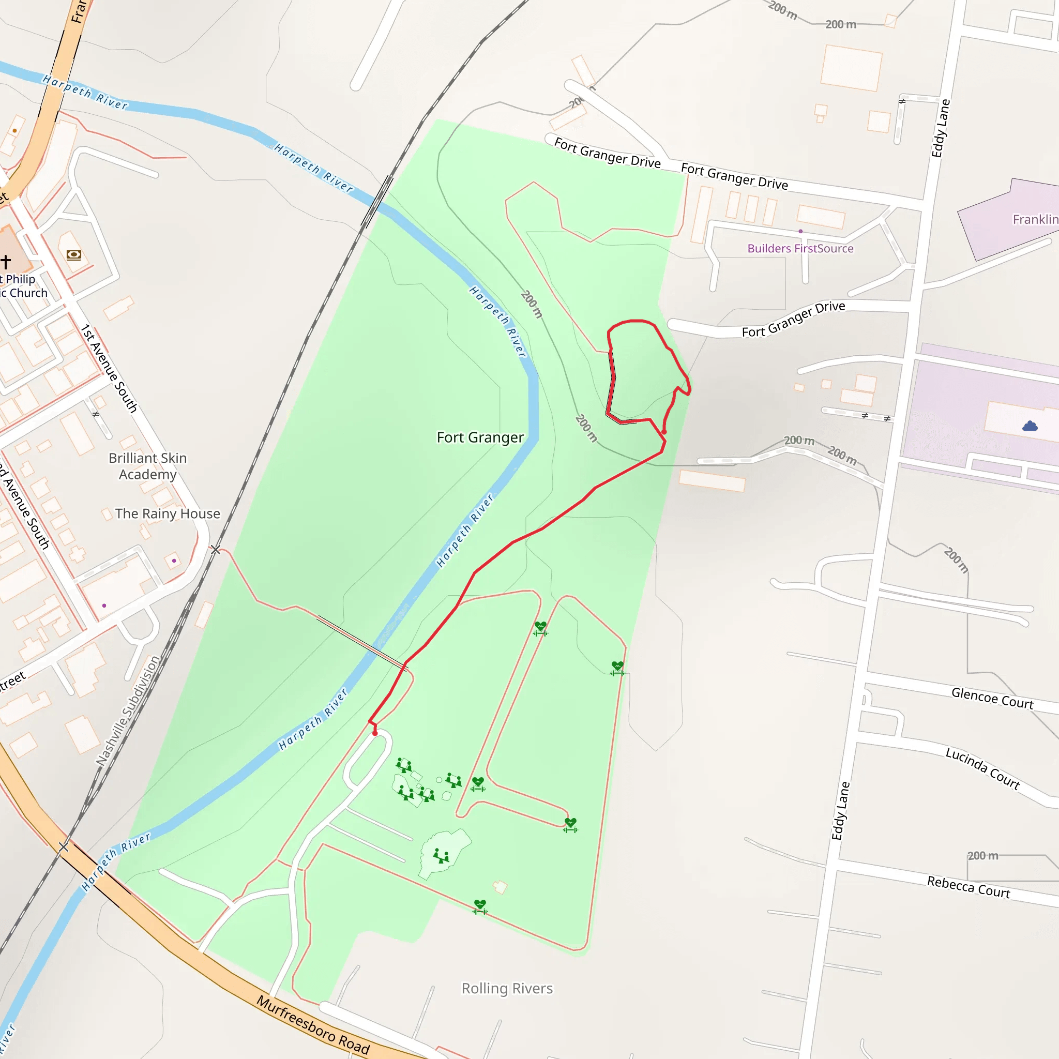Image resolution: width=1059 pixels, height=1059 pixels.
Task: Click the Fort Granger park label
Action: [480, 437]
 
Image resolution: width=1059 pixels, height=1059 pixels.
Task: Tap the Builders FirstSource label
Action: [800, 248]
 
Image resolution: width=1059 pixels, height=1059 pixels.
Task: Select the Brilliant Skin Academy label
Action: [147, 466]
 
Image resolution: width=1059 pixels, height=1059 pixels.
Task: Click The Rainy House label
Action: [167, 513]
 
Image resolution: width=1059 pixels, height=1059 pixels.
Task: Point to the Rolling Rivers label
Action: [507, 988]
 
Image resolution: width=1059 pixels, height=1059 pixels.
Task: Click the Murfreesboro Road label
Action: [313, 1025]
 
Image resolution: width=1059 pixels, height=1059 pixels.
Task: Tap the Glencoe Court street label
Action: [992, 698]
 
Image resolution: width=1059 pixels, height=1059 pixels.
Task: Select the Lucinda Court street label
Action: [982, 768]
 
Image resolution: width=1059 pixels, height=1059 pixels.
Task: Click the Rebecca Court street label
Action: [969, 887]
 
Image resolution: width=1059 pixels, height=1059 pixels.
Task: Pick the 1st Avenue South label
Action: [109, 368]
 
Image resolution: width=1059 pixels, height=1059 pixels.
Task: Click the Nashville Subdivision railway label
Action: [128, 710]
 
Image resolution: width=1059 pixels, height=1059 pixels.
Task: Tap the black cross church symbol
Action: [6, 262]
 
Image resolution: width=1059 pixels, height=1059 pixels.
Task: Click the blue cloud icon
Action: [1030, 426]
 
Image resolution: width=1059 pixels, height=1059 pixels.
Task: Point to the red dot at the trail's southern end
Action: [375, 733]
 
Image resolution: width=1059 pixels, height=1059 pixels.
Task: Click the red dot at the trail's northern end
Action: [664, 432]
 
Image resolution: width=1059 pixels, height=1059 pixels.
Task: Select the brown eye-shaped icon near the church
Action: [74, 255]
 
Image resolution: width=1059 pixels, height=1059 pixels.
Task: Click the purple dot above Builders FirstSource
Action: [800, 231]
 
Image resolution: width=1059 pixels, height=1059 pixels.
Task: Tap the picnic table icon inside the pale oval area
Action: [441, 856]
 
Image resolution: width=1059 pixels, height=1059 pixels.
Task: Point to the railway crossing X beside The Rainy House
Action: [216, 549]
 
